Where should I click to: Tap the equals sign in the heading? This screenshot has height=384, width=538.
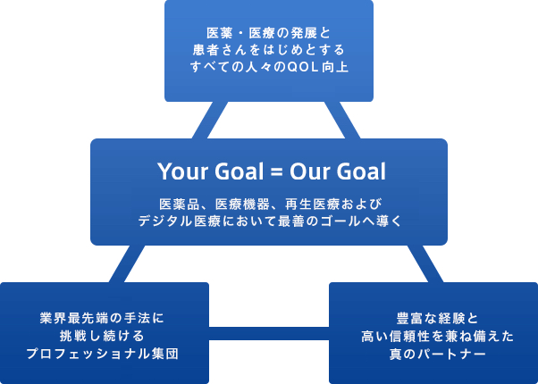pyautogui.click(x=275, y=172)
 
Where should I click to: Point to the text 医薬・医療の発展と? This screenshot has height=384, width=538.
pyautogui.click(x=269, y=33)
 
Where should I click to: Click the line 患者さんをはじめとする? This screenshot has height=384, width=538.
pyautogui.click(x=269, y=50)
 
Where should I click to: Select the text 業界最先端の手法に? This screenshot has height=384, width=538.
pyautogui.click(x=102, y=318)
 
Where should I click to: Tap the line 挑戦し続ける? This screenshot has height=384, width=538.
pyautogui.click(x=102, y=336)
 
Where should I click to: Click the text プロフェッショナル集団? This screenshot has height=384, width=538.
pyautogui.click(x=102, y=354)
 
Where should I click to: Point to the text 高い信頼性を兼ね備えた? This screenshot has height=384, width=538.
pyautogui.click(x=438, y=336)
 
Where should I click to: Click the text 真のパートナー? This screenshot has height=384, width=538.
pyautogui.click(x=438, y=354)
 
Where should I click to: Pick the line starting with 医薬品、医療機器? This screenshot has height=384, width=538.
pyautogui.click(x=270, y=205)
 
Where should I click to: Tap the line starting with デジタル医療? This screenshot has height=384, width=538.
pyautogui.click(x=270, y=221)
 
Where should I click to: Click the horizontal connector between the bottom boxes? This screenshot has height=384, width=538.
pyautogui.click(x=269, y=333)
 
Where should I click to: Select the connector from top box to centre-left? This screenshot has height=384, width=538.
pyautogui.click(x=210, y=120)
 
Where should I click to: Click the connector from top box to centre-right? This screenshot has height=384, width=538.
pyautogui.click(x=342, y=120)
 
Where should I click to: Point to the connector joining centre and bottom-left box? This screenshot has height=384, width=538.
pyautogui.click(x=127, y=263)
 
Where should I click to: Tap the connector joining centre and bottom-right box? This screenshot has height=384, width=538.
pyautogui.click(x=425, y=263)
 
